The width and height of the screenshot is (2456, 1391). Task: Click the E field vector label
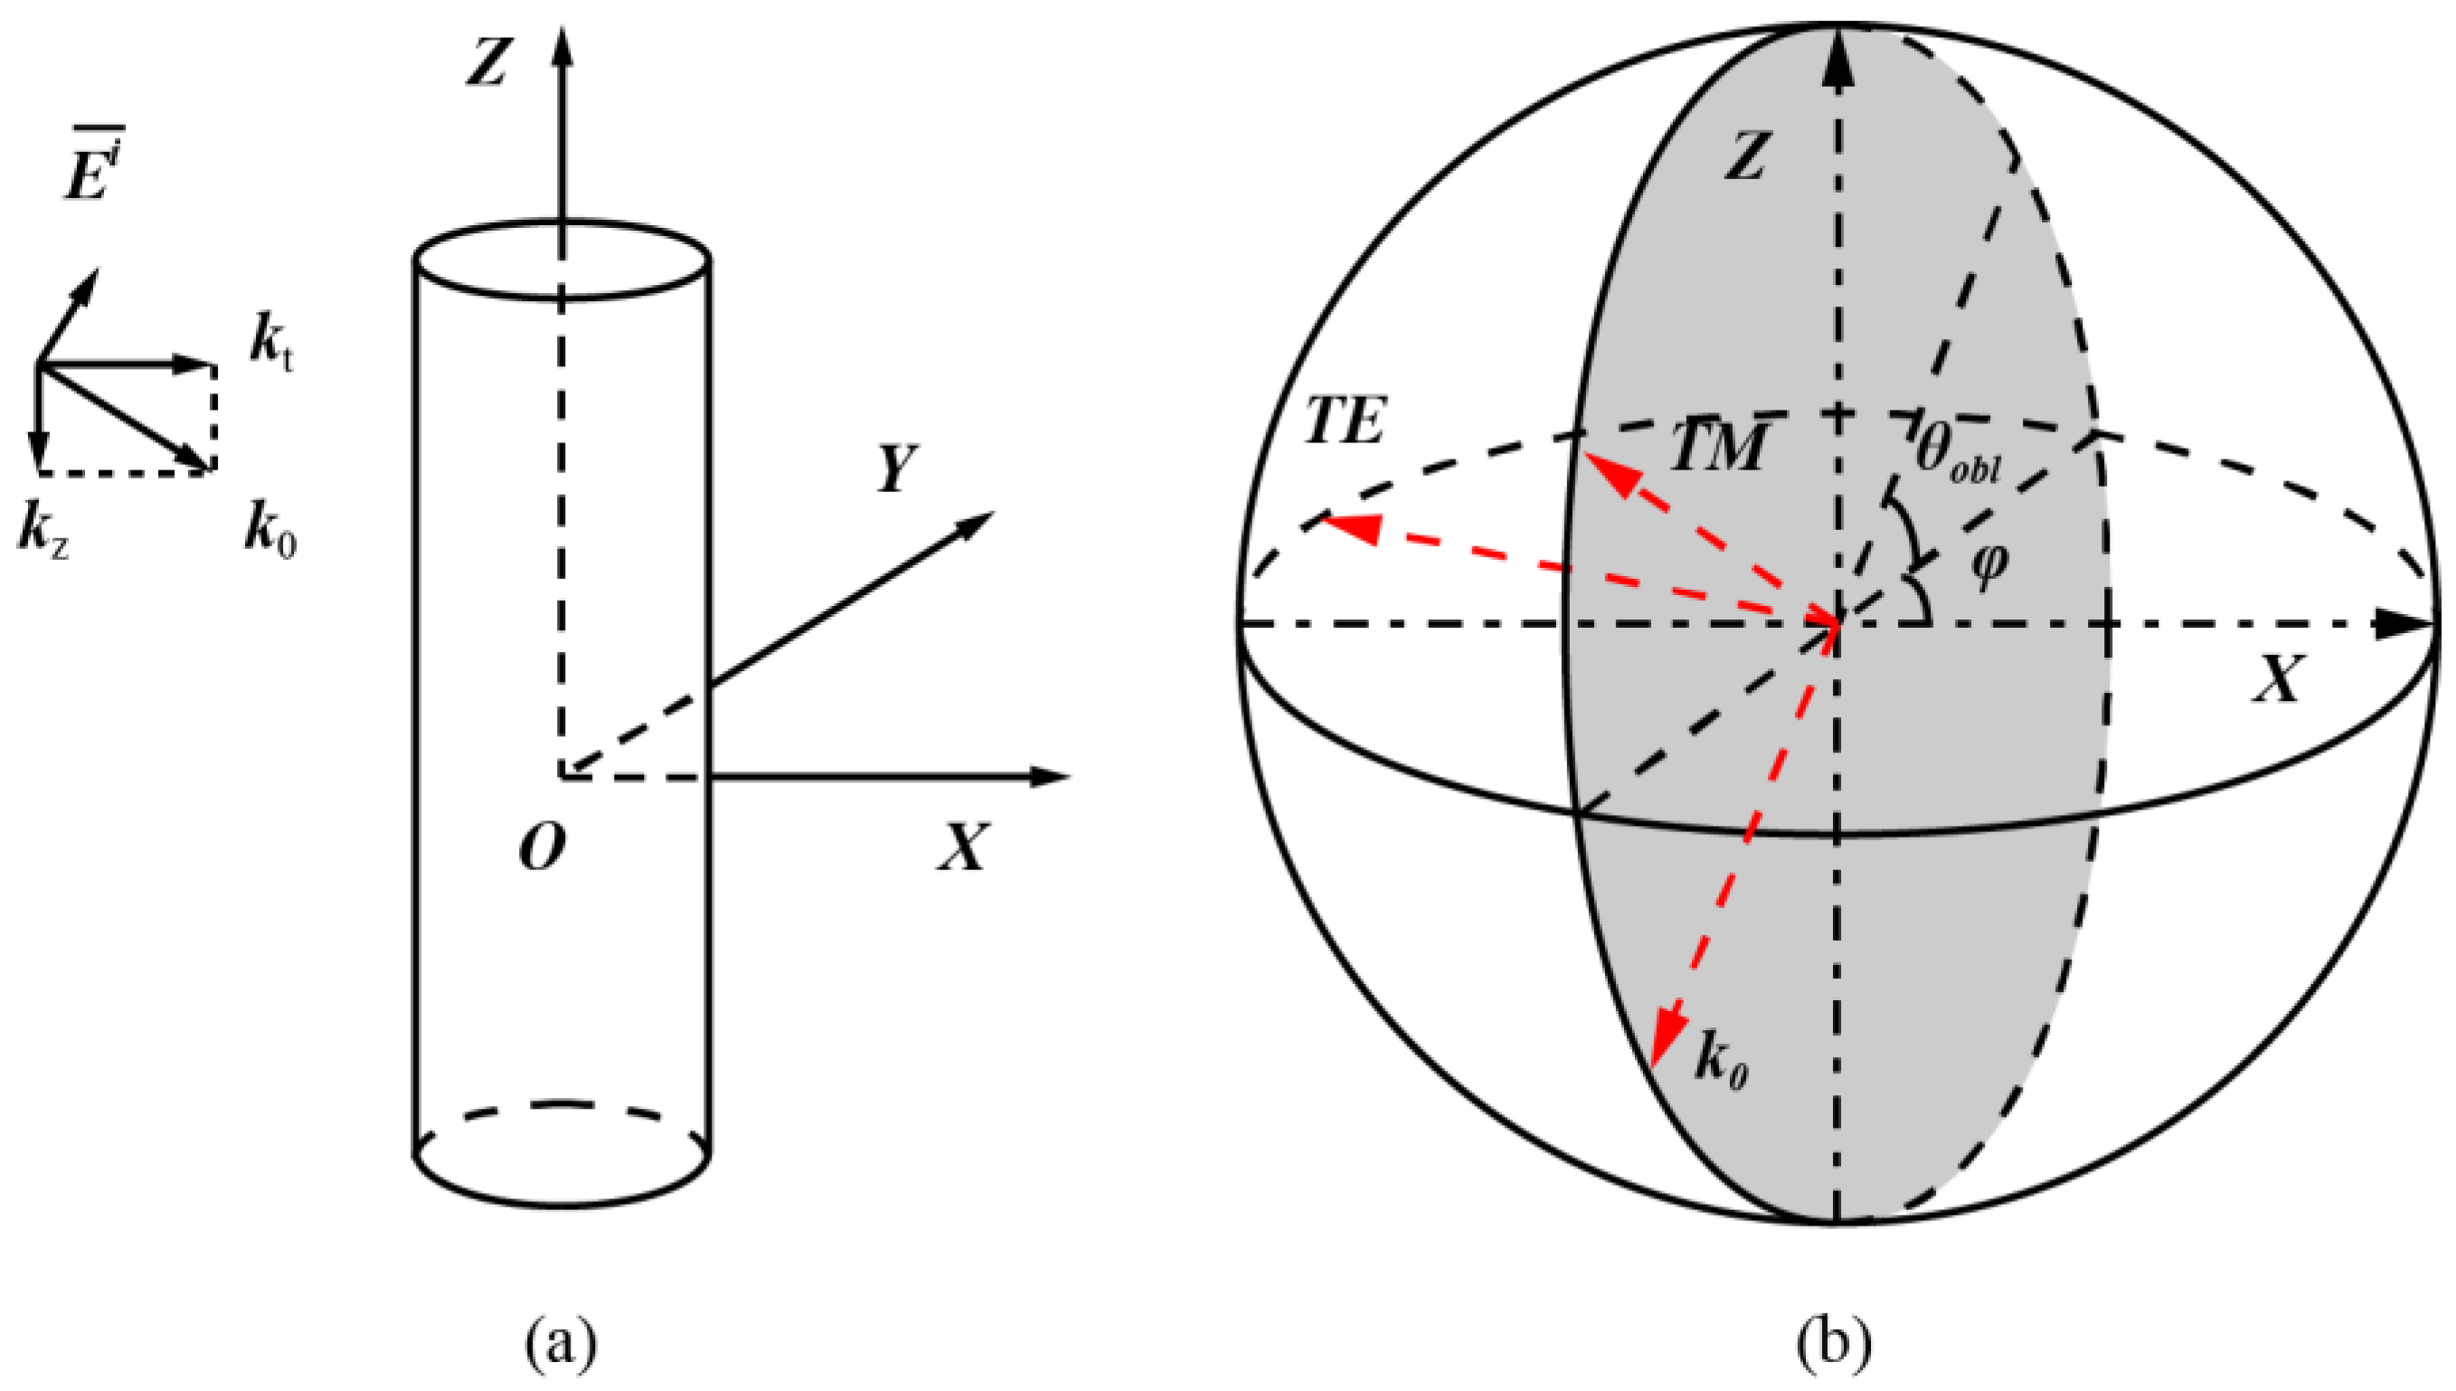pyautogui.click(x=91, y=166)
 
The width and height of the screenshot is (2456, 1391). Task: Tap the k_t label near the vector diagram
pyautogui.click(x=271, y=341)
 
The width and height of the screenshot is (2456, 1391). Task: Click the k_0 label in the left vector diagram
pyautogui.click(x=270, y=533)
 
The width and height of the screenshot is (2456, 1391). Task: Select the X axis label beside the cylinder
pyautogui.click(x=961, y=847)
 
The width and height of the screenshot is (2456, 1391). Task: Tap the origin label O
pyautogui.click(x=542, y=847)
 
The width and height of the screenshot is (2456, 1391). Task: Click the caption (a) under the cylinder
pyautogui.click(x=562, y=1343)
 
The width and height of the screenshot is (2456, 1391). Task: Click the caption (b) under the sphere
pyautogui.click(x=1833, y=1343)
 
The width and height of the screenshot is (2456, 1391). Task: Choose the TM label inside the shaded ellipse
pyautogui.click(x=1716, y=446)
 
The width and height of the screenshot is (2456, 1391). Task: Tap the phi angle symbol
pyautogui.click(x=1990, y=565)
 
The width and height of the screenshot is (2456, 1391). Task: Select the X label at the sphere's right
pyautogui.click(x=2281, y=680)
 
